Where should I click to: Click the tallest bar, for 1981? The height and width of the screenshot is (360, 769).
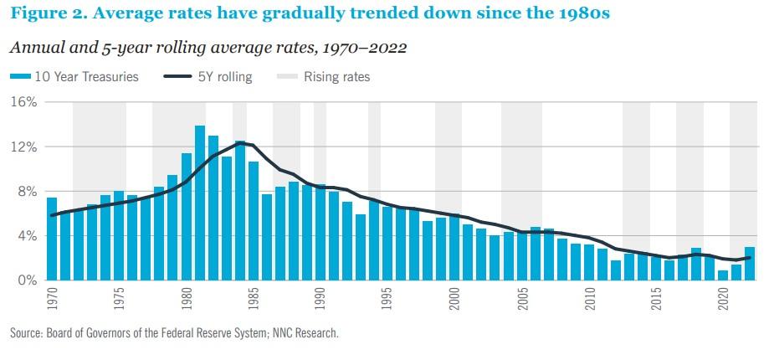point(200,203)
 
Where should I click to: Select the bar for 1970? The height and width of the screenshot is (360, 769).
point(52,239)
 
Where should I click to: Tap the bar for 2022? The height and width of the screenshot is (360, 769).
point(750,264)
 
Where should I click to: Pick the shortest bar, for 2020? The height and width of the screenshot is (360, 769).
point(722,275)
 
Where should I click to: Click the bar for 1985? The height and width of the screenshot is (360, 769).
point(253,221)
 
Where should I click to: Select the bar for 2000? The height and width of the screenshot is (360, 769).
point(454,248)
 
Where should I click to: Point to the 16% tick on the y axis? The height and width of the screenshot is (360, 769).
point(24,102)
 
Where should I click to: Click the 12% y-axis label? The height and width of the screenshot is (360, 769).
point(24,147)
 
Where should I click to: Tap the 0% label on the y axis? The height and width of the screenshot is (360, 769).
point(28,280)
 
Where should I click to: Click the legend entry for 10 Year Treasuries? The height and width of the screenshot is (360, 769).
point(74,77)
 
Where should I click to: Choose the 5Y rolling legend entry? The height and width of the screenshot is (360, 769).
point(208,77)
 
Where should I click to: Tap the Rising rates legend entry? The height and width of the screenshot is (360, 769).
point(324,77)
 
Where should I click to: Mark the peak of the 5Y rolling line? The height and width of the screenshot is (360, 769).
point(241,142)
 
